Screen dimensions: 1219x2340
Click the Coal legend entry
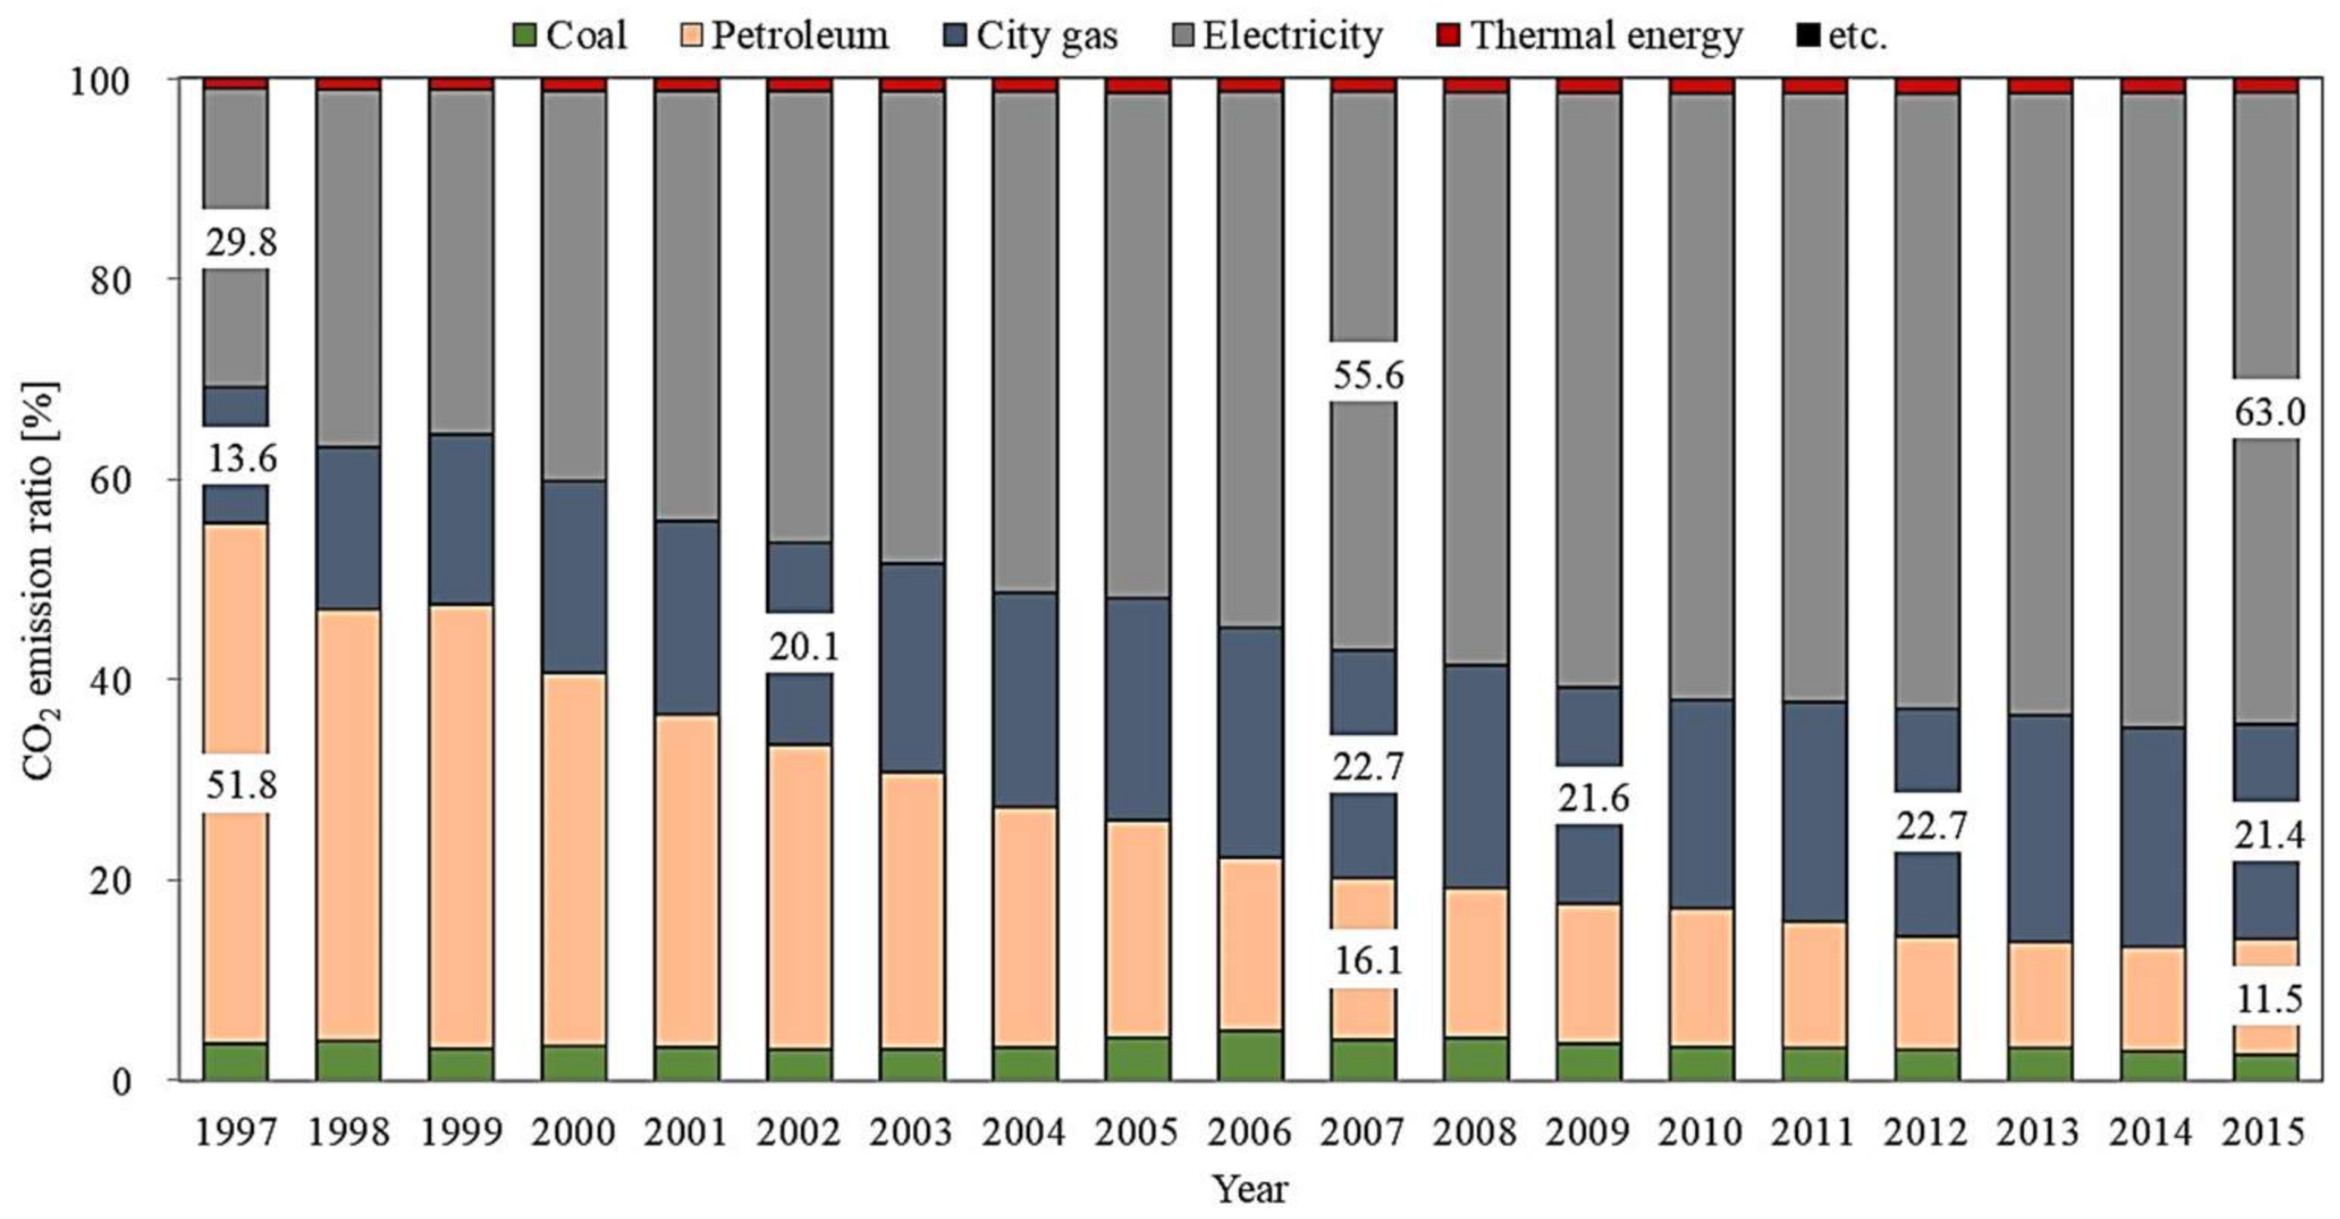tap(570, 36)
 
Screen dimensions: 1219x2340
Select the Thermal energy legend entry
tap(1590, 36)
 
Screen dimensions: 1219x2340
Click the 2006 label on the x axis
tap(1249, 1132)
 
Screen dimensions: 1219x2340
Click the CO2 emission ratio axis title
tap(40, 581)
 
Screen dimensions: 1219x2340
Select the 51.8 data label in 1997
tap(241, 785)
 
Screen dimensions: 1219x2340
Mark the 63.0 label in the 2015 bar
tap(2269, 412)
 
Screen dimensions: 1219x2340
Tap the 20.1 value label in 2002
tap(804, 647)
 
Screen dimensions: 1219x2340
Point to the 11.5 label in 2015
tap(2269, 1000)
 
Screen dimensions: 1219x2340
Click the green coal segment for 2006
tap(1250, 1055)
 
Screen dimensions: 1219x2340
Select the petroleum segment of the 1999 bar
tap(461, 827)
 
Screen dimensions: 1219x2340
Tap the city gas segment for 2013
tap(2039, 828)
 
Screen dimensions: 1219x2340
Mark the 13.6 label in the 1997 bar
tap(241, 458)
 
